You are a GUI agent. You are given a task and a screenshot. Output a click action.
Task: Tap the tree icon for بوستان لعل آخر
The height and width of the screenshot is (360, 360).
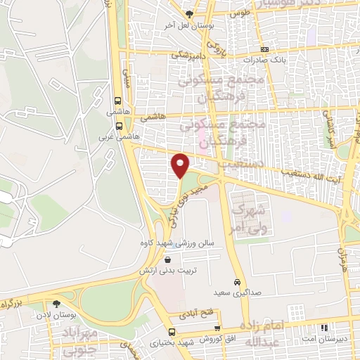[188, 14]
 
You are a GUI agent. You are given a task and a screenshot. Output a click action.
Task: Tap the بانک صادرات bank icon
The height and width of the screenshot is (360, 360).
[264, 49]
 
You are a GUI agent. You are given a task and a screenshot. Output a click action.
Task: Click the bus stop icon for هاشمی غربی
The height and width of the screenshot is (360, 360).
[119, 127]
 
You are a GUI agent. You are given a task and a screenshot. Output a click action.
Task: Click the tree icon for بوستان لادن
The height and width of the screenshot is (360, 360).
[56, 304]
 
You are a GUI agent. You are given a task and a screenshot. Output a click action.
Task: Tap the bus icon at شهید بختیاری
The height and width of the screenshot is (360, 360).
[172, 332]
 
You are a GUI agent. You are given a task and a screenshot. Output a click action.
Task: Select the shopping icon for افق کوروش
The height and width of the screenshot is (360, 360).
[218, 328]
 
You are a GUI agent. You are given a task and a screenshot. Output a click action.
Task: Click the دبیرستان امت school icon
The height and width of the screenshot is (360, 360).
[323, 328]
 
